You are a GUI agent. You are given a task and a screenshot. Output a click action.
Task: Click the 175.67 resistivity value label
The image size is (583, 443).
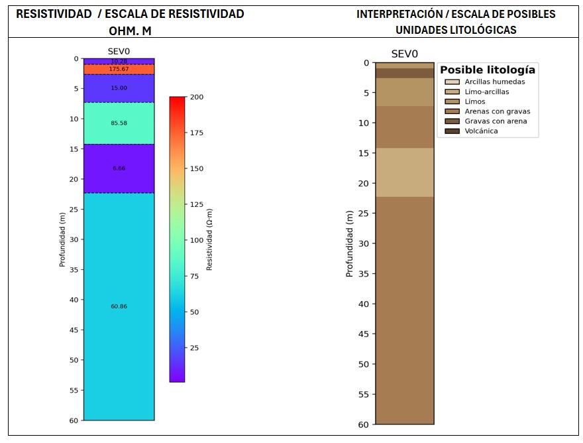pyautogui.click(x=119, y=69)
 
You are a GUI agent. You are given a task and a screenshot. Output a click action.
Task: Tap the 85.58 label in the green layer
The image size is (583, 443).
pyautogui.click(x=119, y=123)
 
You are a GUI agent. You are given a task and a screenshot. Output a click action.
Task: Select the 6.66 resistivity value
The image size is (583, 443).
pyautogui.click(x=119, y=168)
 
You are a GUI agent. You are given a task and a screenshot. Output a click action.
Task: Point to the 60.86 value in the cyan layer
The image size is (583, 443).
pyautogui.click(x=119, y=306)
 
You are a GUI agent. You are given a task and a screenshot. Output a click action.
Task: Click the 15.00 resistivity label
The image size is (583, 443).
pyautogui.click(x=119, y=88)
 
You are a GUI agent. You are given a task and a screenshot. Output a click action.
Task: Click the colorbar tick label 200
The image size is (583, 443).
pyautogui.click(x=197, y=97)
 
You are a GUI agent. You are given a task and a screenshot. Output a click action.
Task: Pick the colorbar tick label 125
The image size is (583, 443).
pyautogui.click(x=197, y=205)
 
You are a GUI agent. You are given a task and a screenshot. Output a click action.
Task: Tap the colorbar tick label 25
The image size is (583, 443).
pyautogui.click(x=195, y=348)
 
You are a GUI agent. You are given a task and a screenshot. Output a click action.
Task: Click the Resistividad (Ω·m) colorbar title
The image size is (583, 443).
pyautogui.click(x=209, y=239)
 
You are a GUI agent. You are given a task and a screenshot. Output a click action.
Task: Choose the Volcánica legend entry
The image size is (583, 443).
pyautogui.click(x=481, y=131)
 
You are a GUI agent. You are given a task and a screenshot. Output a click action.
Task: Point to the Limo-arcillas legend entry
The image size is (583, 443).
pyautogui.click(x=487, y=92)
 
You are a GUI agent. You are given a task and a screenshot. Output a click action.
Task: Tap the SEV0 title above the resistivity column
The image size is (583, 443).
pyautogui.click(x=119, y=52)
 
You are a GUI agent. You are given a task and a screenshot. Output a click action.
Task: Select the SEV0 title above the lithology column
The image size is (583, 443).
pyautogui.click(x=404, y=54)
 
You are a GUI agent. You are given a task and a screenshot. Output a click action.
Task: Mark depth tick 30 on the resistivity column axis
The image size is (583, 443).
pyautogui.click(x=74, y=239)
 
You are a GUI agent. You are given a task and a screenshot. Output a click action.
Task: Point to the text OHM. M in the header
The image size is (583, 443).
pyautogui.click(x=130, y=31)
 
